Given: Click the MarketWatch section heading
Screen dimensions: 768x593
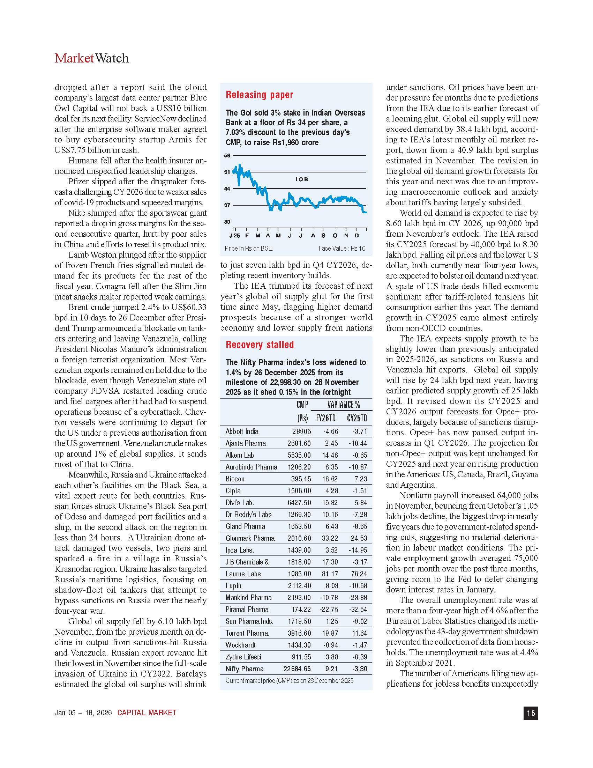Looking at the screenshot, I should click(92, 58).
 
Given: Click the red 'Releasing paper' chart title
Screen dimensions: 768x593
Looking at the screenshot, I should click(259, 95).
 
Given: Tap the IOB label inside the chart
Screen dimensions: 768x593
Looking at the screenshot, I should click(302, 179).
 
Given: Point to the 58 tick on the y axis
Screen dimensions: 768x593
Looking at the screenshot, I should click(227, 155).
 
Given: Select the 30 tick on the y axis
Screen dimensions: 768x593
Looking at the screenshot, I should click(227, 222).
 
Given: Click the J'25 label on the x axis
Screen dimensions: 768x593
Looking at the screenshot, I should click(235, 236).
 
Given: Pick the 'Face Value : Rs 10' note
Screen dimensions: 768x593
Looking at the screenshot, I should click(341, 249).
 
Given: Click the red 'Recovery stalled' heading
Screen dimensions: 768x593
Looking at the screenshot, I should click(260, 345).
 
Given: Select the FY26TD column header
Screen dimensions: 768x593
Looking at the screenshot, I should click(326, 418).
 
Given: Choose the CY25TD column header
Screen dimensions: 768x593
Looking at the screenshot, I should click(357, 418).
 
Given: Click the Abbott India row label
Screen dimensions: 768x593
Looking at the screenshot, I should click(242, 431).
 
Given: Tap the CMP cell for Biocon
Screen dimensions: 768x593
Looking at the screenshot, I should click(301, 479).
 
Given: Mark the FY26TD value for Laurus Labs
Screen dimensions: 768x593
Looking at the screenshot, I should click(330, 574).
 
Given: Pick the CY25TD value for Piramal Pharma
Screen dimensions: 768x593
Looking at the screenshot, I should click(359, 610).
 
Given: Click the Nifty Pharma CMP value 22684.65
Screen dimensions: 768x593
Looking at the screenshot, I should click(297, 669).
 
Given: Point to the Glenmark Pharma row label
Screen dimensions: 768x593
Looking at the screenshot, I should click(250, 538).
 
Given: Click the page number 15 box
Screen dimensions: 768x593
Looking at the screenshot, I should click(531, 713).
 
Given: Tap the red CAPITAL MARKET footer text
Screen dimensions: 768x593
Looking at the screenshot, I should click(147, 713).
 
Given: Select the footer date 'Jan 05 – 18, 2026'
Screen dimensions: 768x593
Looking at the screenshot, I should click(83, 713).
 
